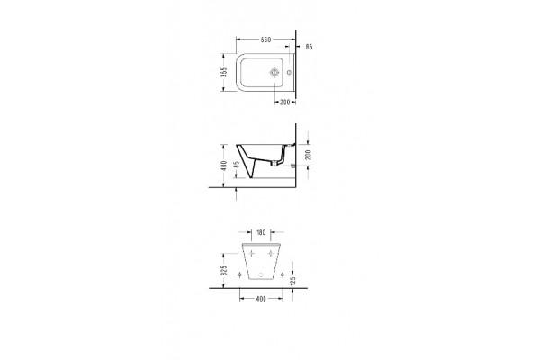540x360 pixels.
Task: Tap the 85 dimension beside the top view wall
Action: (x=309, y=46)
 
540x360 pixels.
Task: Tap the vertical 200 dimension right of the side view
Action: (x=310, y=154)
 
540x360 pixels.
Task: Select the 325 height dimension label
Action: (x=222, y=268)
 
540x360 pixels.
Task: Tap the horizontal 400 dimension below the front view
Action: (x=262, y=298)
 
